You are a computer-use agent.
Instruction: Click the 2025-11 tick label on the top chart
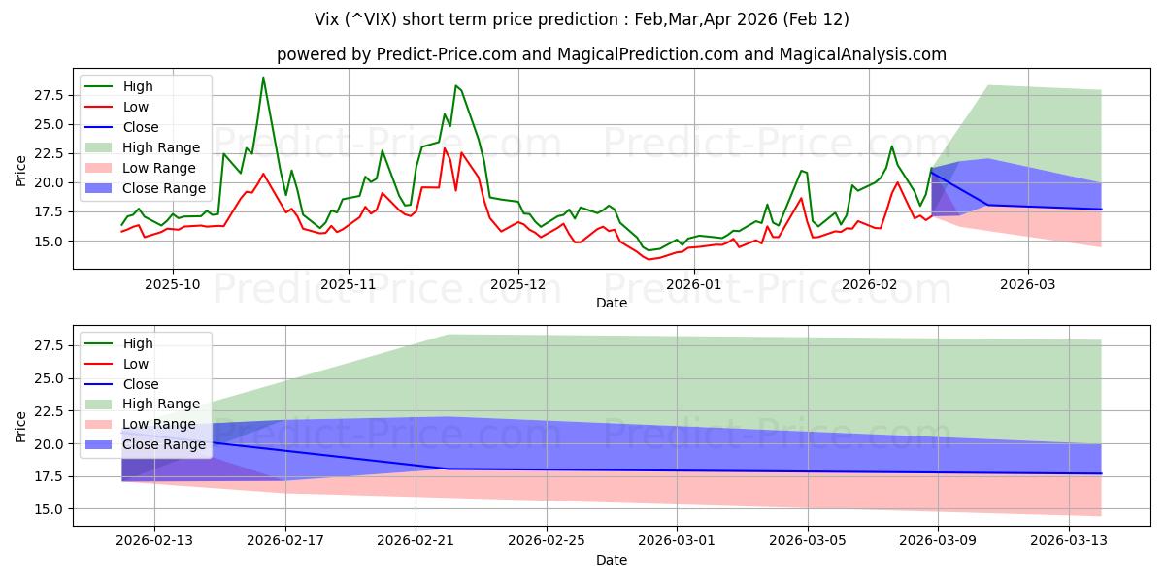click(348, 285)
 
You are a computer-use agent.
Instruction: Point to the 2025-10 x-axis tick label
click(173, 285)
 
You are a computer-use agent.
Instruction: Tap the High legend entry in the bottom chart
click(138, 343)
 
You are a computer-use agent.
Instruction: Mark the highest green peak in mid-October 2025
click(263, 78)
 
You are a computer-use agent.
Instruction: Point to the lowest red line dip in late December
click(649, 259)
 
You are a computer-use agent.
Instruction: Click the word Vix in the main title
click(328, 19)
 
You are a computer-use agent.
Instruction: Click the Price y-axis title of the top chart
click(21, 170)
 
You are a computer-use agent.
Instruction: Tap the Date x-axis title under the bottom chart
click(612, 560)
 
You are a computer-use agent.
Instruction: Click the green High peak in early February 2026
click(892, 146)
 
